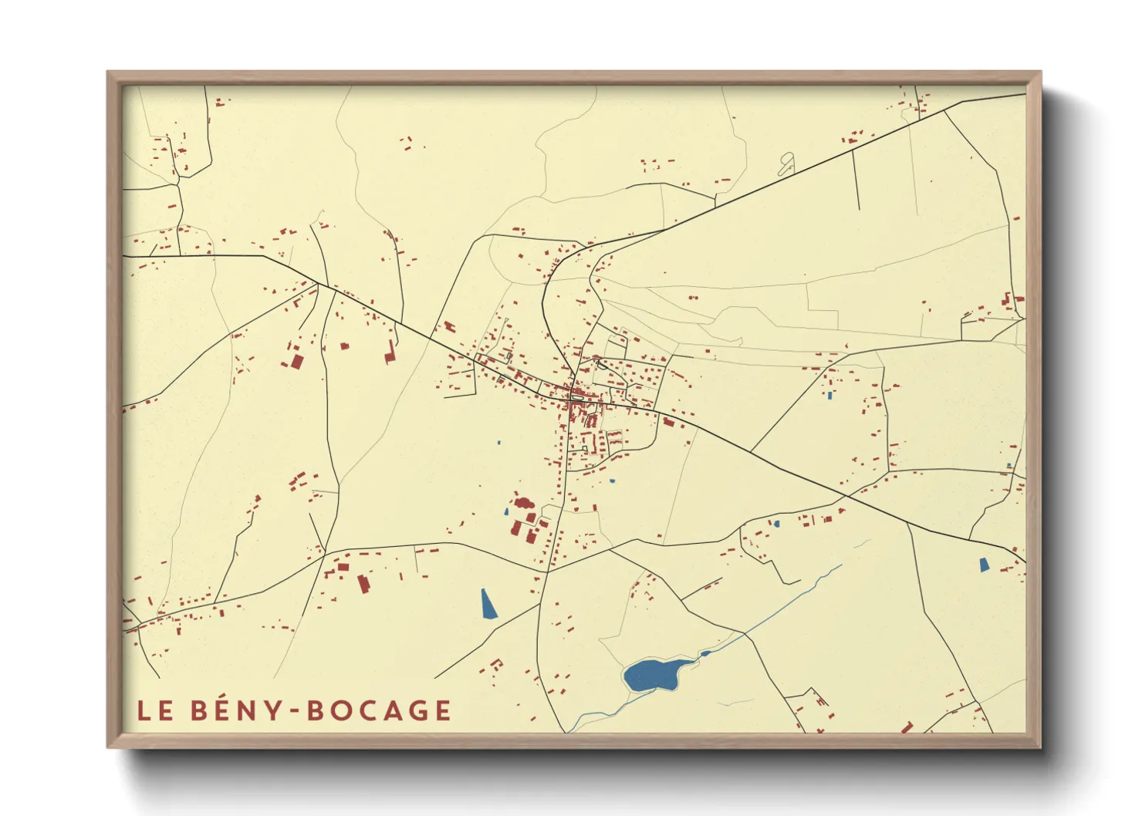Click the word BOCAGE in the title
tap(379, 710)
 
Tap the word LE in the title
tap(155, 710)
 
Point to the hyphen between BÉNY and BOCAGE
tap(294, 711)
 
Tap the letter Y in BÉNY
tap(273, 710)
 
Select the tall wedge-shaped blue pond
tap(488, 604)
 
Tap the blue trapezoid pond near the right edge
tap(984, 565)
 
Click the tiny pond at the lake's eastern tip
tap(704, 654)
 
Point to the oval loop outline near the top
tap(786, 164)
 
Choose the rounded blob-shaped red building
tap(524, 503)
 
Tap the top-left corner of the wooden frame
tap(109, 73)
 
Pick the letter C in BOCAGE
tap(365, 710)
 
